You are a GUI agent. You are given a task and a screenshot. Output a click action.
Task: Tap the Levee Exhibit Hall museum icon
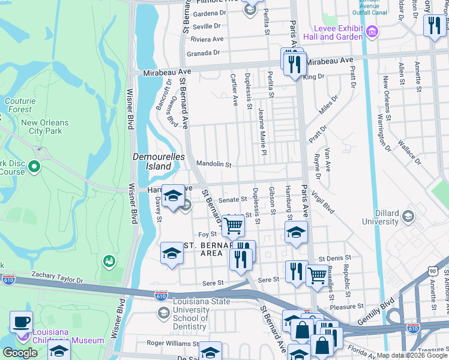coord(372,31)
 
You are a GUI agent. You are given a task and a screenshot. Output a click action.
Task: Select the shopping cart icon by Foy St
coord(233,226)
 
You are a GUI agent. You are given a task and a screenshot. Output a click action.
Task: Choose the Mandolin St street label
coord(214,164)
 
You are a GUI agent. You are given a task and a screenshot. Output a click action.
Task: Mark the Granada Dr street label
coord(202,53)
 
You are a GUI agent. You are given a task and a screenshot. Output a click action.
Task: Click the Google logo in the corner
coord(20,353)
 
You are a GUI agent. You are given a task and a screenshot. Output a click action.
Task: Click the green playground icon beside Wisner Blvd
coord(109,261)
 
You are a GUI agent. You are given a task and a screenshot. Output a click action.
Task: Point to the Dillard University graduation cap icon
coord(408,216)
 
